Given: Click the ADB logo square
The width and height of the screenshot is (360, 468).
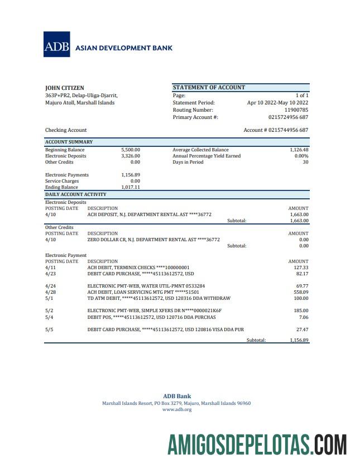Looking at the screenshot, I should [x=57, y=44].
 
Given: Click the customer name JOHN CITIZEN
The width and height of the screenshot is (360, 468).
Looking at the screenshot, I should [x=65, y=88].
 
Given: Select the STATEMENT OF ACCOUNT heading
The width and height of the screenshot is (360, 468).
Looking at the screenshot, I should [x=209, y=87].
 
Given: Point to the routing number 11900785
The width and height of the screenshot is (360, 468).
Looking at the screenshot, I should [x=296, y=110].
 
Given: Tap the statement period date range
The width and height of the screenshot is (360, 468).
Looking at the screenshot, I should [x=277, y=103].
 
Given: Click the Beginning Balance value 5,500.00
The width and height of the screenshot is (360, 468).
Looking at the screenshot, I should [x=130, y=150].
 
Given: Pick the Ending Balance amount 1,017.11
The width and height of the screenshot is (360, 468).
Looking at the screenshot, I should [x=130, y=188].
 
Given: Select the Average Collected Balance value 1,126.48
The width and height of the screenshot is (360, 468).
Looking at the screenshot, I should [x=299, y=150].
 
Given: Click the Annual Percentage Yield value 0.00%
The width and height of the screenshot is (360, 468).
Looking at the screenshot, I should [x=301, y=156].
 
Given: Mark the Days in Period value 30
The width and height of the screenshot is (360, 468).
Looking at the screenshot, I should [x=305, y=162].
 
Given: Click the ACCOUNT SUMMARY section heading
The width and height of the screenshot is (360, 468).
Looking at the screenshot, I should [x=69, y=142].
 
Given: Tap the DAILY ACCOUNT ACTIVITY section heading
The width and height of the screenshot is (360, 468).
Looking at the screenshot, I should [x=75, y=194].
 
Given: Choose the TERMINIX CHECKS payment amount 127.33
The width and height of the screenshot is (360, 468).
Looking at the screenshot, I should [x=300, y=268].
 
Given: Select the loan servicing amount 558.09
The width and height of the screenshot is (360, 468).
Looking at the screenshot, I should [x=300, y=292].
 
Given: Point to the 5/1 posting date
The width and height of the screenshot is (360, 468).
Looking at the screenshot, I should [x=49, y=298].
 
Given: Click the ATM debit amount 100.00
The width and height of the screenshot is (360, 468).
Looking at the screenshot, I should [x=300, y=298].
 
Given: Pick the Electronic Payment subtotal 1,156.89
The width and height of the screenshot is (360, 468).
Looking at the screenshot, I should [x=299, y=340].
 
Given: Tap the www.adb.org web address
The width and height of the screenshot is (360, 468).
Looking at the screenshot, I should [x=177, y=409].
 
